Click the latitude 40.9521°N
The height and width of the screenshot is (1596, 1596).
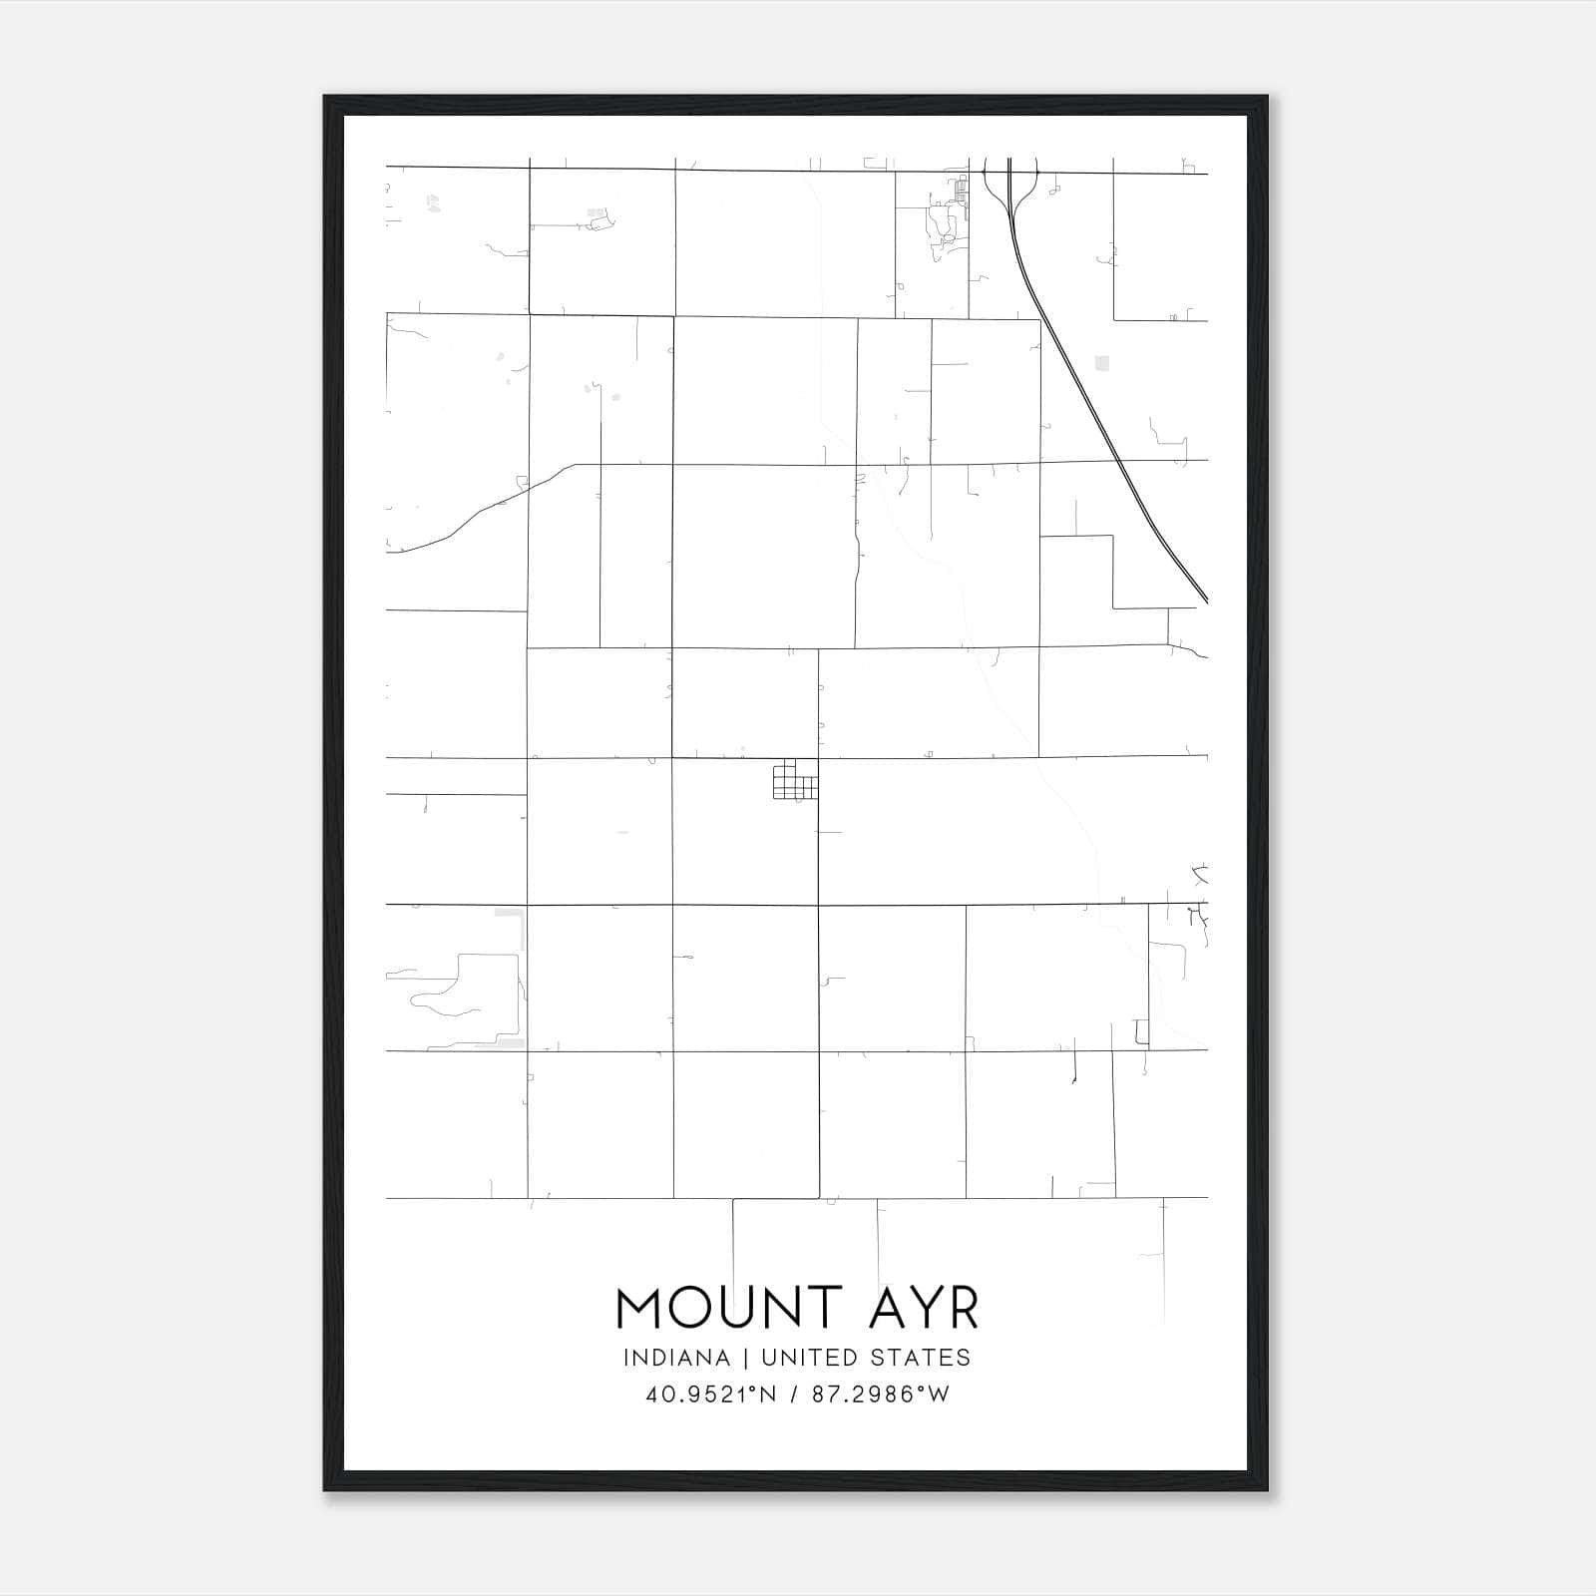point(710,1395)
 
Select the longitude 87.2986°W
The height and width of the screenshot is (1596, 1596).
point(881,1395)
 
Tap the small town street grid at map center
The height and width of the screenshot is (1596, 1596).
point(795,780)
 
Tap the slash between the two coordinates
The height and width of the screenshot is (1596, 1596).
point(794,1395)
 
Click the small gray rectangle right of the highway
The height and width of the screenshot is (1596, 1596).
point(1101,363)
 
